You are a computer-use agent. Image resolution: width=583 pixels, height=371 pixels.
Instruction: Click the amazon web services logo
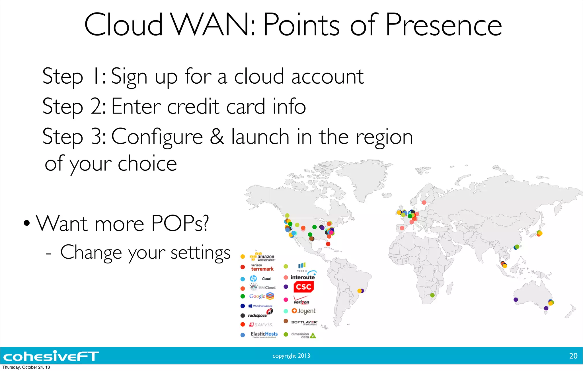tap(262, 257)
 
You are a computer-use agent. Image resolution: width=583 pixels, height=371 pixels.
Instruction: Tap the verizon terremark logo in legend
tap(262, 267)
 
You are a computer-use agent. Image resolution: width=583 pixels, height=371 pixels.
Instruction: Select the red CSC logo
tap(303, 287)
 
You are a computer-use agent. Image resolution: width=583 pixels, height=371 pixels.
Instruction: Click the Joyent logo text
tap(304, 311)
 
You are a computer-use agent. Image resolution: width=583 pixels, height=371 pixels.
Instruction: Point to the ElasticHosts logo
tap(264, 334)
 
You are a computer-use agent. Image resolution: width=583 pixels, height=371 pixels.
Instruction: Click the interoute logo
tap(303, 277)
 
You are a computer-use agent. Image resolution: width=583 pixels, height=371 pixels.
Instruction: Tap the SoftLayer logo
tap(304, 322)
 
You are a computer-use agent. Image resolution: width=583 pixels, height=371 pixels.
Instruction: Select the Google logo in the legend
tap(261, 296)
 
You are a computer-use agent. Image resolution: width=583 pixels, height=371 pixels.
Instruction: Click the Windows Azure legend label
tap(260, 306)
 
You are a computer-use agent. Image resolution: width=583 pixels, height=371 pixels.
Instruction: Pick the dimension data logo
tap(303, 335)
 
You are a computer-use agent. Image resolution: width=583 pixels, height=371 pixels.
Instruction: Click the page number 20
tap(573, 356)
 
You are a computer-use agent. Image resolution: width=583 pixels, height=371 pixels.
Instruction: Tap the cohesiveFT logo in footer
tap(51, 356)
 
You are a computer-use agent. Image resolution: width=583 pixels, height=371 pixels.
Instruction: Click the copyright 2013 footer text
tap(291, 356)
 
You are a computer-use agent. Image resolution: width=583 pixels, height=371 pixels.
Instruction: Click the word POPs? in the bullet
tap(180, 224)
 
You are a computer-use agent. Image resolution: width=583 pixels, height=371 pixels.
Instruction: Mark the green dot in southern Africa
tap(432, 295)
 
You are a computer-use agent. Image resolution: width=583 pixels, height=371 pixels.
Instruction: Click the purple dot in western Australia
tap(516, 300)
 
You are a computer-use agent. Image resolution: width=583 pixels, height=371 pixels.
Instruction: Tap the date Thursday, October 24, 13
tap(26, 367)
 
